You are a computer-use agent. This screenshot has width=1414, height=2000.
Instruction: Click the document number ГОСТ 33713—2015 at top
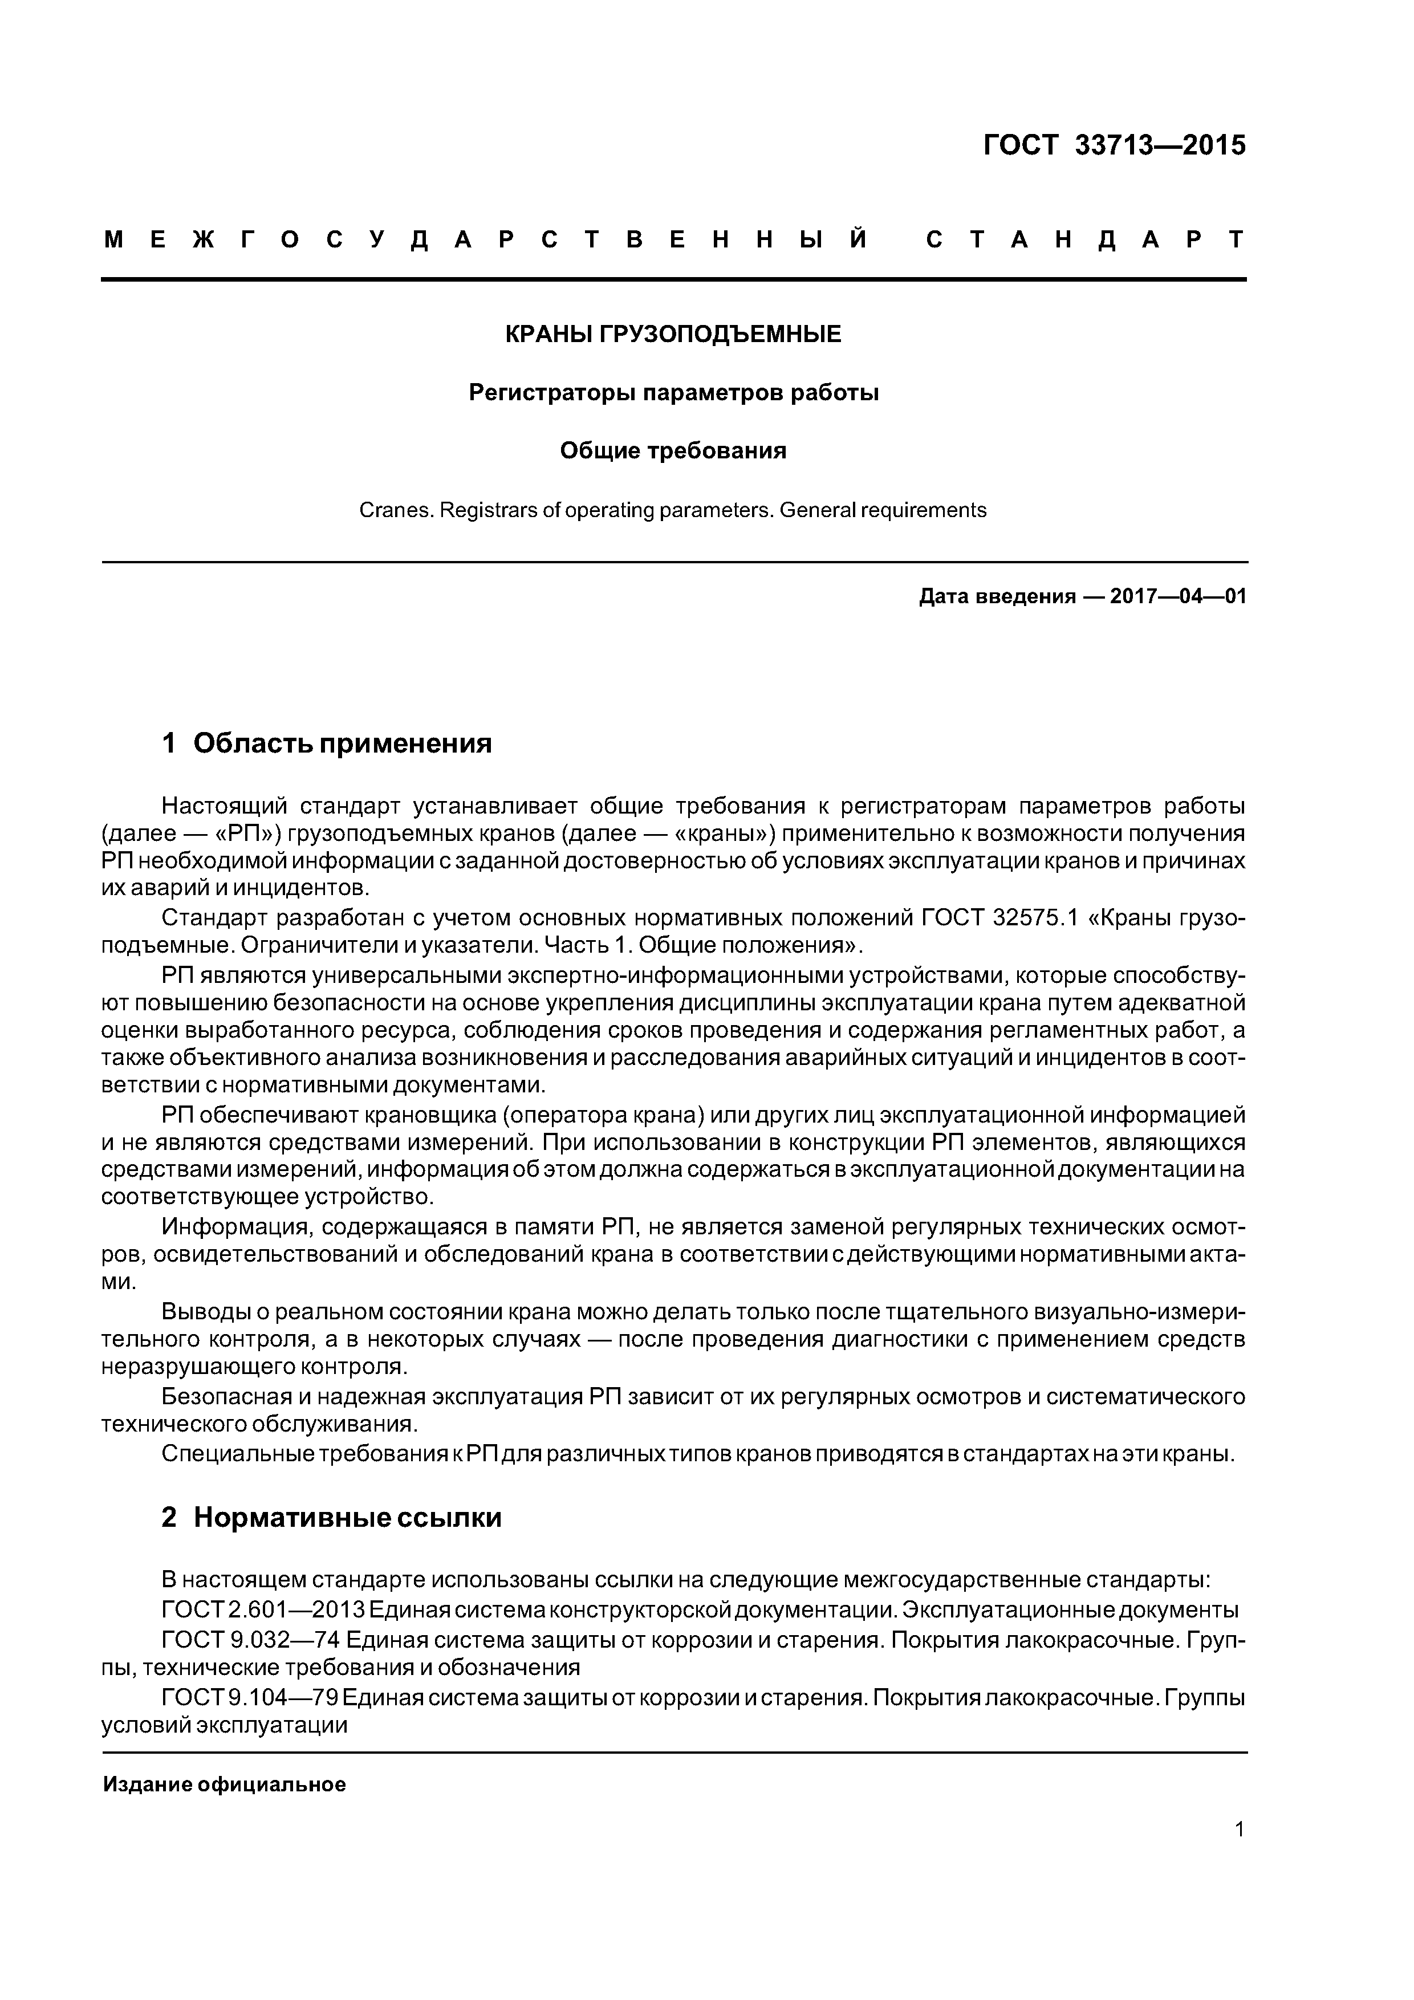click(x=1114, y=145)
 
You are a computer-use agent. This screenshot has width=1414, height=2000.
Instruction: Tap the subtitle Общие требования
click(x=673, y=451)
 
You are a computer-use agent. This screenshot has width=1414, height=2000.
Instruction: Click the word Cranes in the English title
click(x=396, y=510)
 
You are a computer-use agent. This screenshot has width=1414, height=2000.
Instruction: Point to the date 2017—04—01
click(x=1178, y=597)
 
